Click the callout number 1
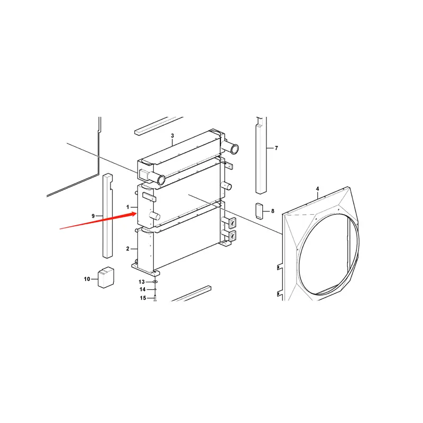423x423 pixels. point(127,206)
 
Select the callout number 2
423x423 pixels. point(127,249)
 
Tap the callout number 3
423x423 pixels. point(172,136)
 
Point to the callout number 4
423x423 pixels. point(317,189)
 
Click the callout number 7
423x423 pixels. point(275,148)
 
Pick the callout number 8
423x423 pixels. point(273,212)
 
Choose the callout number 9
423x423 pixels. point(93,216)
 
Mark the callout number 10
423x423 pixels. point(87,279)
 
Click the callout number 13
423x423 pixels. point(142,281)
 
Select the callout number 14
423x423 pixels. point(142,289)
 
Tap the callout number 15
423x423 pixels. point(142,298)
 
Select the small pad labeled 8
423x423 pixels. point(260,211)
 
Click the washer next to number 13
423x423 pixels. point(154,282)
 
